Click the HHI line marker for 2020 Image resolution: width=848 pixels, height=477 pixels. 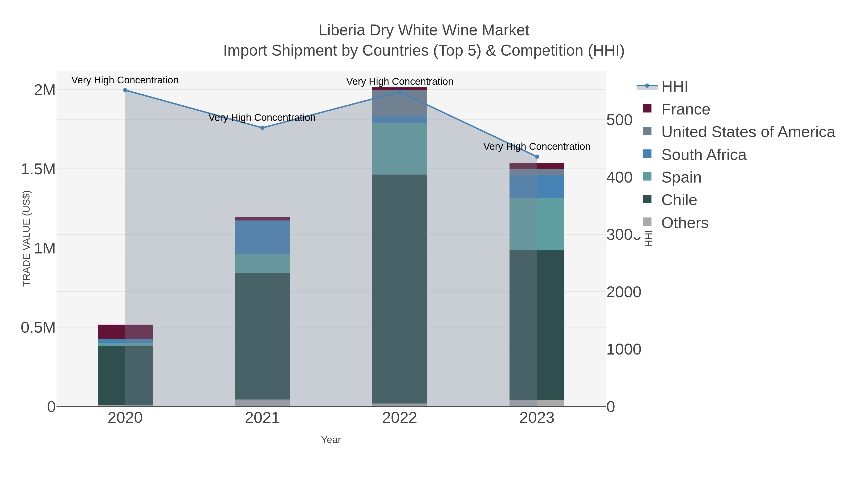[x=125, y=90]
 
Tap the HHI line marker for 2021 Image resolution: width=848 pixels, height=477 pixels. [x=262, y=128]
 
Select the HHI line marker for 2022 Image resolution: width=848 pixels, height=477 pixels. [x=400, y=92]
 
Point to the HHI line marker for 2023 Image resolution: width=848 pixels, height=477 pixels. [x=537, y=157]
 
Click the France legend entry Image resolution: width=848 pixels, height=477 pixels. [x=685, y=109]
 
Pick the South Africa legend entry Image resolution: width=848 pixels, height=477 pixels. [x=703, y=155]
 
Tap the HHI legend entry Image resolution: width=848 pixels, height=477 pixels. [x=674, y=87]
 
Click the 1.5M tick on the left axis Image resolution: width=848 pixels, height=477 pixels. [x=38, y=169]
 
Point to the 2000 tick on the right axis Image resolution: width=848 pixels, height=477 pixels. [x=624, y=292]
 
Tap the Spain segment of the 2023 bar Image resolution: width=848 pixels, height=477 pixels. [x=537, y=224]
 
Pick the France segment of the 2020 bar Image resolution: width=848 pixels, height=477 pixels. [x=125, y=331]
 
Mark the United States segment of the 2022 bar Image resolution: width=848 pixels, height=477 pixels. [x=400, y=103]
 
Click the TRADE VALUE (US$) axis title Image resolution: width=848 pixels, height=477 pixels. [x=26, y=238]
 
